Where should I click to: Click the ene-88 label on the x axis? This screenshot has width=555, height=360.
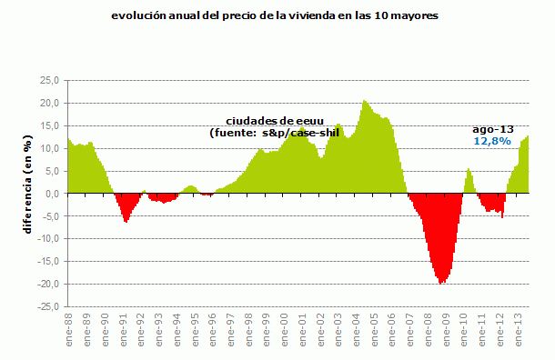69,332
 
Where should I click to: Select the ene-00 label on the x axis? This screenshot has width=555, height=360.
284,332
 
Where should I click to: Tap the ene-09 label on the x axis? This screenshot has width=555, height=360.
445,332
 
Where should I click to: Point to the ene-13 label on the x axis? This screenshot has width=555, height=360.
517,332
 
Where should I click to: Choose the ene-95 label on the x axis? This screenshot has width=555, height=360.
195,332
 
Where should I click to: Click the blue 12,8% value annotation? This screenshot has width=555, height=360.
492,142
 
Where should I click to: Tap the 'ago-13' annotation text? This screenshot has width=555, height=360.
490,130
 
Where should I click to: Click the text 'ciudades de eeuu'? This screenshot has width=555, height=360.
272,122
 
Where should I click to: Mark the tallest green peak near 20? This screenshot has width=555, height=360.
365,102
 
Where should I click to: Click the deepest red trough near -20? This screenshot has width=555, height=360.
442,282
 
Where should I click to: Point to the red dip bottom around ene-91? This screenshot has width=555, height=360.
126,221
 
